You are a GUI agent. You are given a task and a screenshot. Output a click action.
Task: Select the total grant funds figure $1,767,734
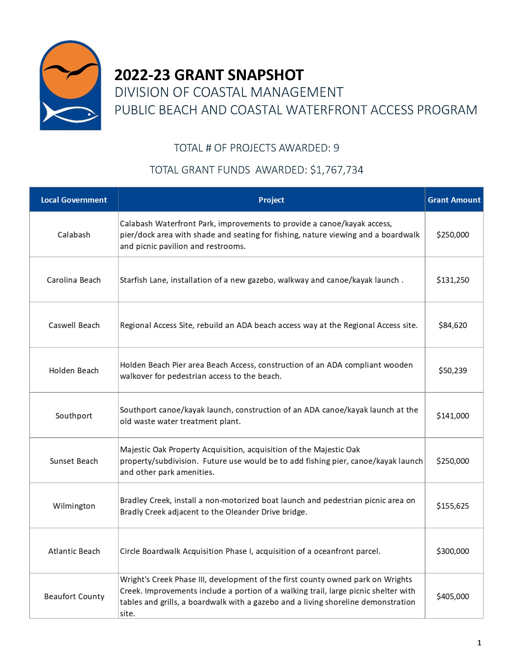coord(336,170)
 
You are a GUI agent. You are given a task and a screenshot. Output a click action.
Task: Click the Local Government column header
coord(74,200)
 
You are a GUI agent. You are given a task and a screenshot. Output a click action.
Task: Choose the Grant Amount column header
coord(454,200)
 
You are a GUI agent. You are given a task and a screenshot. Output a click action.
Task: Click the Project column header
coord(271,200)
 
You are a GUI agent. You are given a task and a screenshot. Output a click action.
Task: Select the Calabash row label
coord(74,235)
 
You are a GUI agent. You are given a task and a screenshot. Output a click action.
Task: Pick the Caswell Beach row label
coord(74,325)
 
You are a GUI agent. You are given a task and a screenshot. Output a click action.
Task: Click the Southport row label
coord(74,416)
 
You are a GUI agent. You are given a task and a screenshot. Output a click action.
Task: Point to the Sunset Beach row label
coord(74,461)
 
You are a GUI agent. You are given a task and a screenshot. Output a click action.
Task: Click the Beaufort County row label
coord(74,596)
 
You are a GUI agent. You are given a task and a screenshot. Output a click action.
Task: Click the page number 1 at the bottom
coord(479,643)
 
